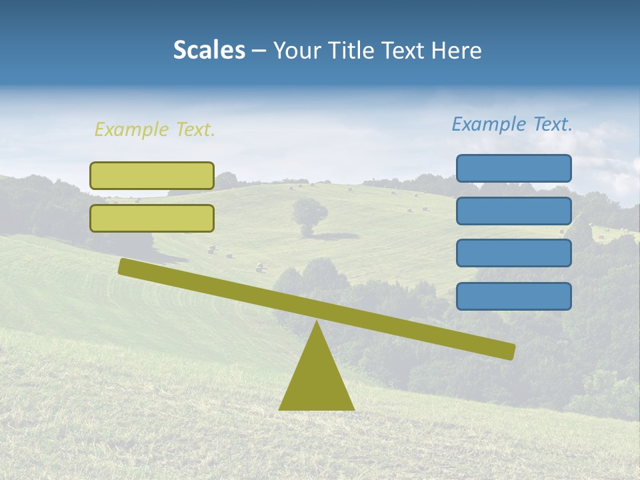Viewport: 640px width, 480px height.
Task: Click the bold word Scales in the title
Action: [x=209, y=51]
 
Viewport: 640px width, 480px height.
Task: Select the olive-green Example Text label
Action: [x=155, y=129]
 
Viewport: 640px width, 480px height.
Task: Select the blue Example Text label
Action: [x=512, y=124]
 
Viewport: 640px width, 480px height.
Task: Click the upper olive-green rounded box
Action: [x=152, y=175]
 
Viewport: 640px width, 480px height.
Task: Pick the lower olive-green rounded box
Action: [x=152, y=218]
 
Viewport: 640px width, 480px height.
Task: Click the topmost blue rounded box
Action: [x=513, y=168]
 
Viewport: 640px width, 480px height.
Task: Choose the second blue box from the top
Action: [x=513, y=211]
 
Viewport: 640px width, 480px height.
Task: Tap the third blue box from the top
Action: [x=513, y=253]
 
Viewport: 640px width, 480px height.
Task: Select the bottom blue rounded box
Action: [x=513, y=296]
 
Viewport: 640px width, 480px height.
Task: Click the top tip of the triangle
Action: [x=317, y=323]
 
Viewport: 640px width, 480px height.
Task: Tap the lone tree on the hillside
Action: [x=310, y=215]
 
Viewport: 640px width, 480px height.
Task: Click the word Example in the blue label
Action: [x=489, y=124]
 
